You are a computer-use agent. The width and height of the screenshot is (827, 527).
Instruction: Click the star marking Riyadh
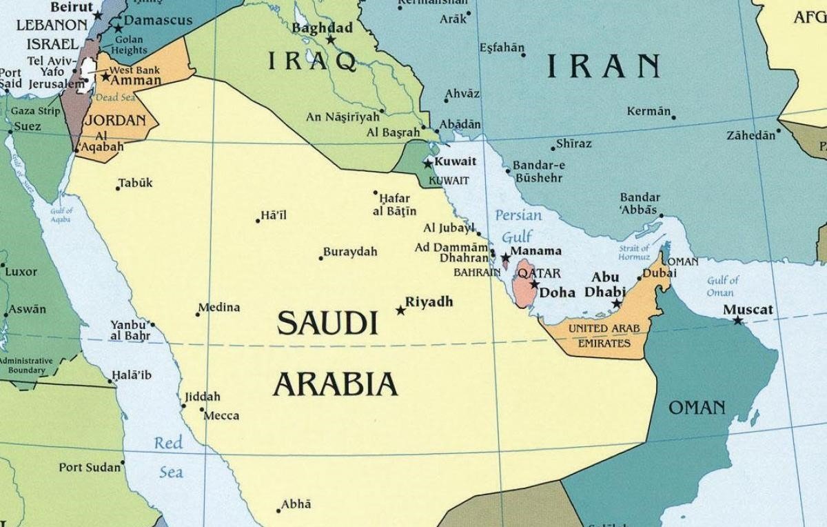coord(400,310)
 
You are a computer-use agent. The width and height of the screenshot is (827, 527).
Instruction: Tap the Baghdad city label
coord(322,28)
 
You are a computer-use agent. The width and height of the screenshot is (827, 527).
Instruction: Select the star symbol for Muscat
coord(738,321)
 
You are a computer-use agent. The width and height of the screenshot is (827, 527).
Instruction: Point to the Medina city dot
coord(198,315)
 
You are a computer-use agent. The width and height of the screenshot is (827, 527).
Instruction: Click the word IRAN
coord(604,66)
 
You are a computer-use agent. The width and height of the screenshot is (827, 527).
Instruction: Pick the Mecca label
coord(222,415)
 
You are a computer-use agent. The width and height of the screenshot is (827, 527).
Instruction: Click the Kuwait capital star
coord(428,164)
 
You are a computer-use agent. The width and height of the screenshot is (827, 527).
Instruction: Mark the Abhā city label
coord(297,504)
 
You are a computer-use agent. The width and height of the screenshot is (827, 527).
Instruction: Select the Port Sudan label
coord(90,468)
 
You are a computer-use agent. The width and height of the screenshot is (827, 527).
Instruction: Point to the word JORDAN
coord(114,121)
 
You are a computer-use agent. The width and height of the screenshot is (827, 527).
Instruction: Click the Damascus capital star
coord(119,29)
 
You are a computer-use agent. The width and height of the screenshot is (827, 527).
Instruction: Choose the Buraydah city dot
coord(320,259)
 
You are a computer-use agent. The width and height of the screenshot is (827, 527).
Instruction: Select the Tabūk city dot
coord(118,188)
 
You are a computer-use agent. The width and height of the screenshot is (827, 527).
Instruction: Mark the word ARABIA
coord(336,384)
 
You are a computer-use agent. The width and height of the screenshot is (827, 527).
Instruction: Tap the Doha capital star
coord(534,284)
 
